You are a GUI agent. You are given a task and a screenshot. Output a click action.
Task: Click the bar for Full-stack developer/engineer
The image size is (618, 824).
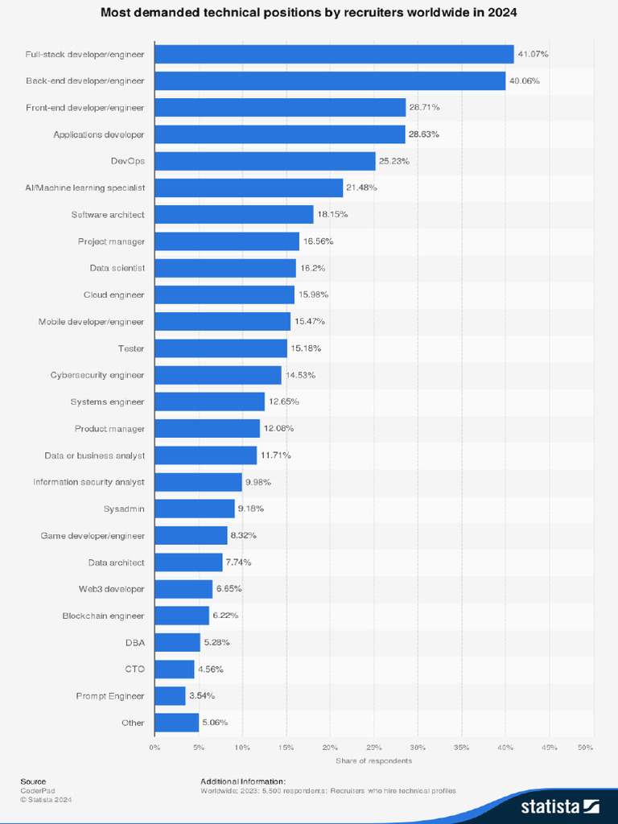(x=334, y=54)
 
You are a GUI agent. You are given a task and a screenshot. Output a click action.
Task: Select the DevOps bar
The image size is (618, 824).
(x=265, y=161)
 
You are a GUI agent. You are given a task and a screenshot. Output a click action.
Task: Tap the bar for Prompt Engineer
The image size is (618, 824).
(x=170, y=695)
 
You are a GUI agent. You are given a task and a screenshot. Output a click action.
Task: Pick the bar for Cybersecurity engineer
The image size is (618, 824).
(x=218, y=375)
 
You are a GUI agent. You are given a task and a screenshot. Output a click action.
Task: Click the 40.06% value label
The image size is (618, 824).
(x=524, y=80)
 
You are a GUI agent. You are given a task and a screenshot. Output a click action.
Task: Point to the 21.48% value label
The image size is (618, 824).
(x=361, y=187)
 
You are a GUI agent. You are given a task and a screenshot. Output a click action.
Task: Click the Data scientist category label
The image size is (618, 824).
(x=117, y=268)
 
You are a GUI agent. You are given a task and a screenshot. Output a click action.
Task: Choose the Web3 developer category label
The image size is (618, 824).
(x=111, y=589)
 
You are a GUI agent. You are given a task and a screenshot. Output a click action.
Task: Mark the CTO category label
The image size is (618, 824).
(x=134, y=669)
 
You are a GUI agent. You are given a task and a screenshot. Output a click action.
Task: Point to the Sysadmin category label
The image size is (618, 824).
(x=124, y=509)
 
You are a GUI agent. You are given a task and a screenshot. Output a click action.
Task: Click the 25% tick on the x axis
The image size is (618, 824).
(x=373, y=748)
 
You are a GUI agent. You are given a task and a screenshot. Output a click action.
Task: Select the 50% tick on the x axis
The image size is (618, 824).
(x=585, y=748)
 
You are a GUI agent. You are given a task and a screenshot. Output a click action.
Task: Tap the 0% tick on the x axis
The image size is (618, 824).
(x=154, y=748)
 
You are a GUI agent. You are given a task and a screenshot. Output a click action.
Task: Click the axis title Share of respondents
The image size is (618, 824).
(x=373, y=760)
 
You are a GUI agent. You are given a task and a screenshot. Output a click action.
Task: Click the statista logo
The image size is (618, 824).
(x=559, y=805)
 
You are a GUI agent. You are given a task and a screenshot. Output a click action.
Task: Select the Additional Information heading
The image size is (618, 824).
(x=243, y=781)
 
